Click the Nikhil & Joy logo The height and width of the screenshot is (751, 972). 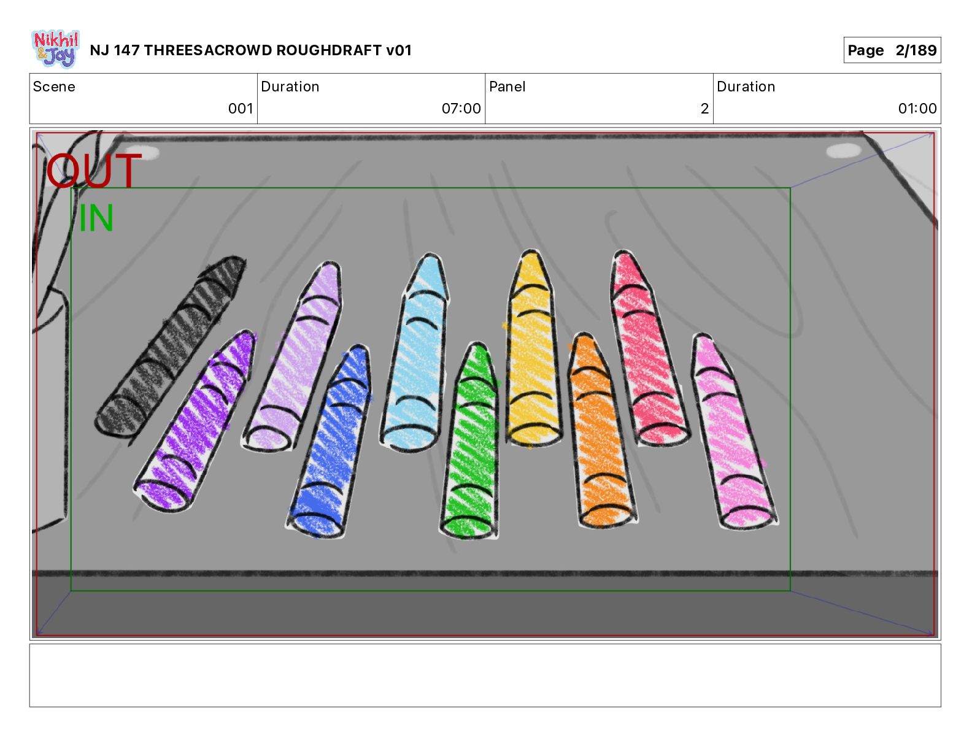[x=55, y=48]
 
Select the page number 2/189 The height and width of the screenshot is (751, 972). [x=916, y=50]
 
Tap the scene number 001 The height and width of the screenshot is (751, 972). [x=241, y=109]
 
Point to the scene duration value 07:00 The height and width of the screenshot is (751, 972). [x=461, y=109]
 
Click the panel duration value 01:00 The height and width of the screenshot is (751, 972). [x=917, y=109]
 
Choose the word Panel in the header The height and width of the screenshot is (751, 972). [x=507, y=87]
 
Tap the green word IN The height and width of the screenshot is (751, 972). [x=96, y=218]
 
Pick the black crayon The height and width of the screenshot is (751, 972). [x=170, y=347]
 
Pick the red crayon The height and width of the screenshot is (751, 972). [x=647, y=350]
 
